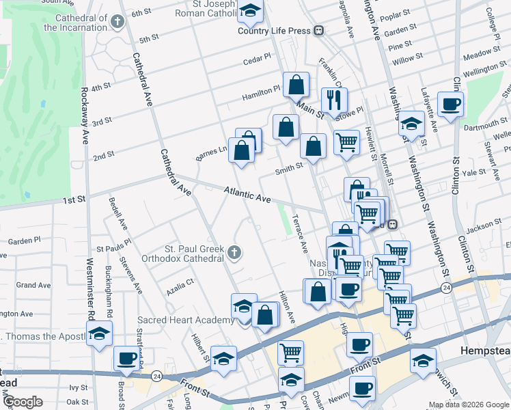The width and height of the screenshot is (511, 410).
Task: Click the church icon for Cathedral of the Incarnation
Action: click(118, 22)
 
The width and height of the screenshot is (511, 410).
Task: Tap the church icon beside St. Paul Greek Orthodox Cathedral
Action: click(234, 254)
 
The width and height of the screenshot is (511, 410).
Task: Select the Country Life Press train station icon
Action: click(318, 31)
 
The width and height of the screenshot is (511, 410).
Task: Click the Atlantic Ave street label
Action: click(248, 195)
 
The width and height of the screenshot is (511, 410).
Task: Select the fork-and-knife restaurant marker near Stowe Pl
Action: click(334, 100)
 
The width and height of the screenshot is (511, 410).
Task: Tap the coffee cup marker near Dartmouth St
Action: click(450, 105)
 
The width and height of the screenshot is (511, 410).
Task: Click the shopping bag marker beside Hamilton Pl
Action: click(296, 85)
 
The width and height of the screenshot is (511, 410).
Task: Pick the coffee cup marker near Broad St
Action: click(126, 358)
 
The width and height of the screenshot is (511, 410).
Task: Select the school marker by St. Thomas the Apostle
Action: click(100, 335)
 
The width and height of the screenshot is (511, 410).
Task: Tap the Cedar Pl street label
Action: click(258, 61)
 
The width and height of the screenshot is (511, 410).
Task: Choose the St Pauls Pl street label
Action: click(113, 248)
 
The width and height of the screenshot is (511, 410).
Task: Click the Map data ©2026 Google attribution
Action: click(469, 405)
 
